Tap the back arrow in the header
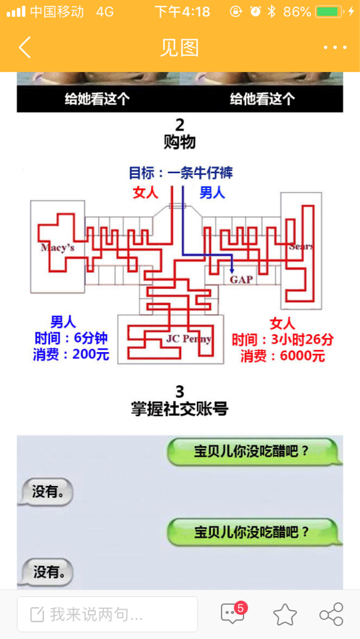point(25,47)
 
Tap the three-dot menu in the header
point(335,48)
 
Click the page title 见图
point(180,48)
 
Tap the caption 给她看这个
point(97,99)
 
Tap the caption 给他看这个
point(262,99)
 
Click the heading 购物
point(180,142)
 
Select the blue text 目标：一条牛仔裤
point(181,173)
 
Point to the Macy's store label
point(57,248)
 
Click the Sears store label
point(301,246)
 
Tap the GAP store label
point(241,280)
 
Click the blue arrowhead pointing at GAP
point(232,270)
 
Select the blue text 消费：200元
point(71,355)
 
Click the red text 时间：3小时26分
point(283,339)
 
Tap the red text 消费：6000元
point(283,356)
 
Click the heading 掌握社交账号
point(180,409)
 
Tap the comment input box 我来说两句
point(108,614)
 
